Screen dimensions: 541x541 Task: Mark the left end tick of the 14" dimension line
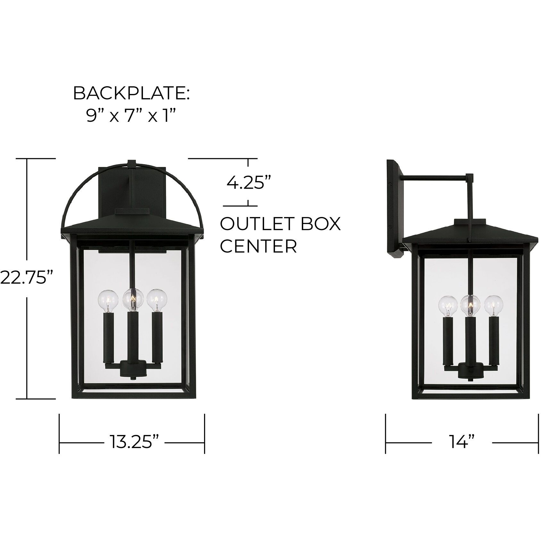(386, 443)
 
